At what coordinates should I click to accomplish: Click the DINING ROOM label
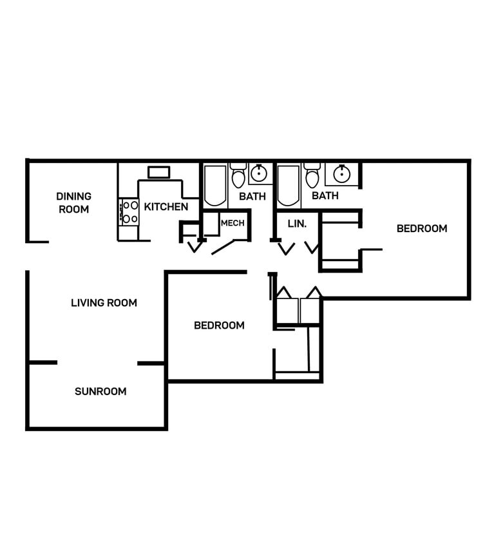73,202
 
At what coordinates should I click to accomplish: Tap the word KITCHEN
166,207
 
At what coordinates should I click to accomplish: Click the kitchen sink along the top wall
158,172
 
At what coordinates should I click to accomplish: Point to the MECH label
232,224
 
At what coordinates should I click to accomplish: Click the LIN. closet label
296,224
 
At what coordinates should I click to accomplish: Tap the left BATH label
252,196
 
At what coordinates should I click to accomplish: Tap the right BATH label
325,195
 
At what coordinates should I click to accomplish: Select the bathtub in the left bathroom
215,186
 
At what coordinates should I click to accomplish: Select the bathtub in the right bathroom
289,186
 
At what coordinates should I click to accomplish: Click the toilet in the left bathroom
238,176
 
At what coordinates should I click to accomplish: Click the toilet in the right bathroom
312,176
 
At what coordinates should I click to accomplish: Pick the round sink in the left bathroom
259,173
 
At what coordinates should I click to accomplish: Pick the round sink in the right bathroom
341,173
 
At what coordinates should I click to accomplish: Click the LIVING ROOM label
104,302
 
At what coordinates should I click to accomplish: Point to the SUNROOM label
100,391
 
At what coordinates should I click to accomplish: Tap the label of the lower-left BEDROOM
219,325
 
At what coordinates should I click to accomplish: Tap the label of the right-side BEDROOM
421,228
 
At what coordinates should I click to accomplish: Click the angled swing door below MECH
225,246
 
